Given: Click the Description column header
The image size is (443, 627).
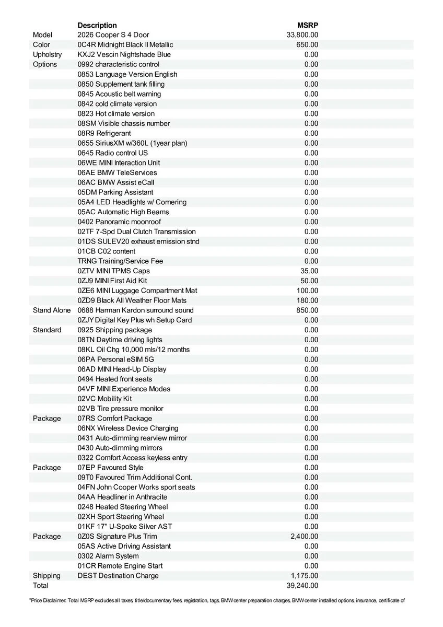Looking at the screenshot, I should (x=97, y=25).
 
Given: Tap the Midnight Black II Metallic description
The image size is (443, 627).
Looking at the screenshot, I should (x=125, y=45).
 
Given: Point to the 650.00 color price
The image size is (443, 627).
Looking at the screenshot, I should (x=307, y=45).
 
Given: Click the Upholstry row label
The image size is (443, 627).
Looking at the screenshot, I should (x=47, y=54).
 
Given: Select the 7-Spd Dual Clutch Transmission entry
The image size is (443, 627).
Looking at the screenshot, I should (x=136, y=231).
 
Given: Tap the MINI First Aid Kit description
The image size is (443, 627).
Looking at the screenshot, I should (x=112, y=281).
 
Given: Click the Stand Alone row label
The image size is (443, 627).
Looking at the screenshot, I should (x=51, y=310).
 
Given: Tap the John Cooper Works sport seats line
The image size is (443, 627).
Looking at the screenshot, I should (x=136, y=487).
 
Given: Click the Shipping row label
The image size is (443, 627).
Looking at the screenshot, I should (x=46, y=576).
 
